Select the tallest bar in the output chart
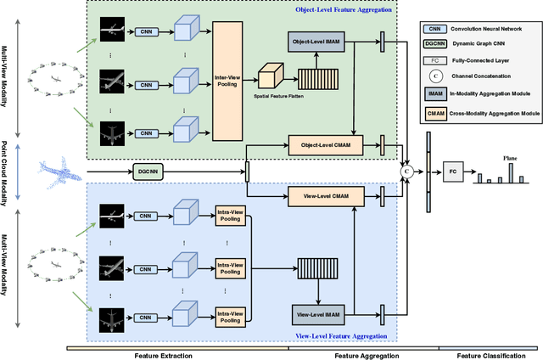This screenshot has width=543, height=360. pos(511,172)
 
